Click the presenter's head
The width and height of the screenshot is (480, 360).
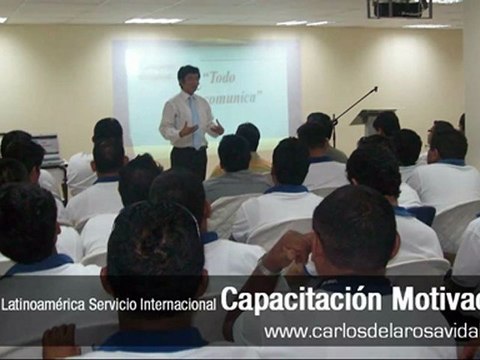click(x=188, y=77)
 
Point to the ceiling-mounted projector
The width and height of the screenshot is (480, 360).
click(x=400, y=9)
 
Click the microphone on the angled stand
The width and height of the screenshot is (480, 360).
click(x=374, y=89)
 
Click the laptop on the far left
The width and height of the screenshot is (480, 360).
click(x=46, y=146)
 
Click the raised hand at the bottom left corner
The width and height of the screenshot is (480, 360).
click(x=60, y=338)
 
